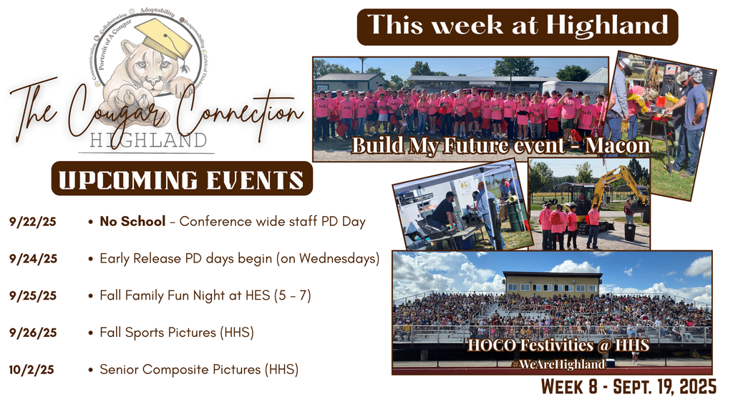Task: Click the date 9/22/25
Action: pyautogui.click(x=33, y=222)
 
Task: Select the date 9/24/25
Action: pyautogui.click(x=33, y=259)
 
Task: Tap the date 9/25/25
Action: pyautogui.click(x=33, y=295)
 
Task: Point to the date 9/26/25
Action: pyautogui.click(x=33, y=333)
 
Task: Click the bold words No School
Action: pyautogui.click(x=132, y=222)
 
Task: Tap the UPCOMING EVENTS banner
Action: pyautogui.click(x=182, y=179)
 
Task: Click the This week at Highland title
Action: pyautogui.click(x=518, y=26)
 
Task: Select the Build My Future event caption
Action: pyautogui.click(x=500, y=147)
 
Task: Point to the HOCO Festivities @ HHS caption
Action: pyautogui.click(x=558, y=345)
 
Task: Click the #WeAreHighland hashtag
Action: pyautogui.click(x=559, y=364)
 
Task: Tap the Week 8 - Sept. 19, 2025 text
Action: pyautogui.click(x=628, y=388)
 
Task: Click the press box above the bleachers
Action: pyautogui.click(x=552, y=283)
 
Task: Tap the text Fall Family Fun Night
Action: pyautogui.click(x=161, y=295)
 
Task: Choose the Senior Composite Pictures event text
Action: pyautogui.click(x=198, y=370)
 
